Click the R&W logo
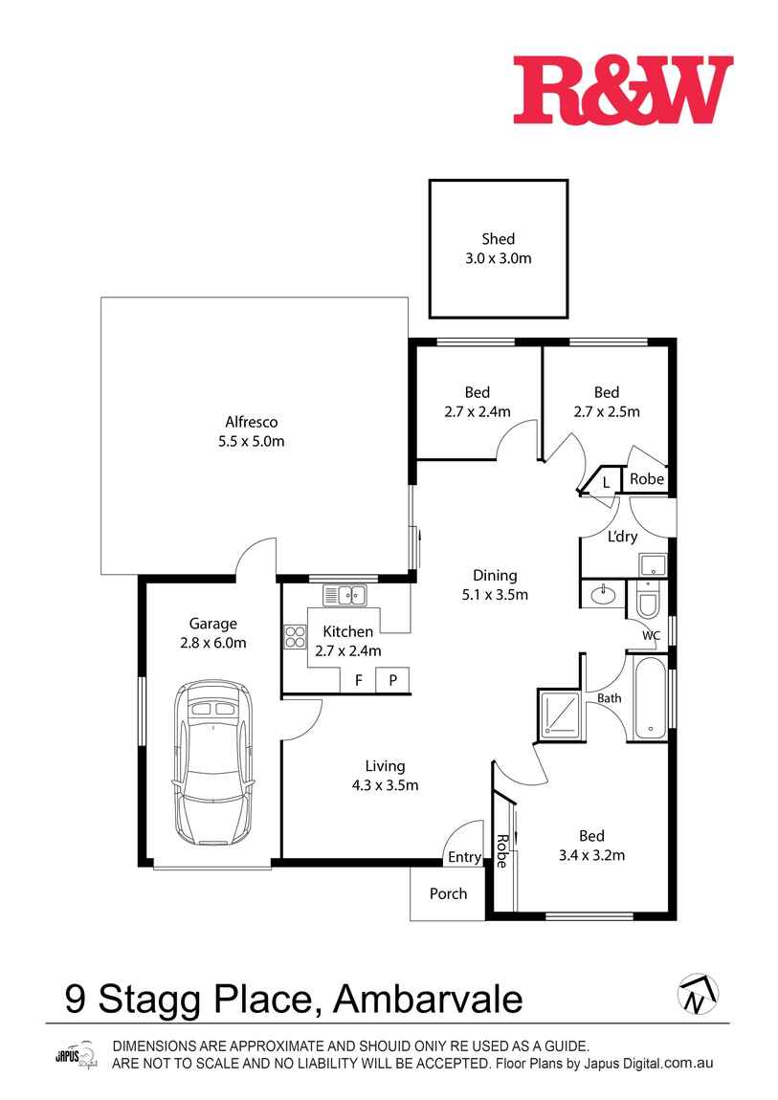pyautogui.click(x=622, y=90)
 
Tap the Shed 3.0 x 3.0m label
pyautogui.click(x=498, y=249)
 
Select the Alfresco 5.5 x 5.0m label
pyautogui.click(x=251, y=431)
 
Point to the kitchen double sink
pyautogui.click(x=345, y=595)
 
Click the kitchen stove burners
pyautogui.click(x=293, y=637)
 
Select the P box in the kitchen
pyautogui.click(x=392, y=681)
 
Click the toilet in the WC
pyautogui.click(x=647, y=602)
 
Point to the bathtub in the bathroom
pyautogui.click(x=650, y=697)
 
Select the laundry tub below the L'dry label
pyautogui.click(x=652, y=565)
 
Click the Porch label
pyautogui.click(x=448, y=893)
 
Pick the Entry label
pyautogui.click(x=464, y=858)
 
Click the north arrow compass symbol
pyautogui.click(x=698, y=996)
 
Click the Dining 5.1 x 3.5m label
pyautogui.click(x=495, y=584)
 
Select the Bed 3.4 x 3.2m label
pyautogui.click(x=590, y=846)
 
